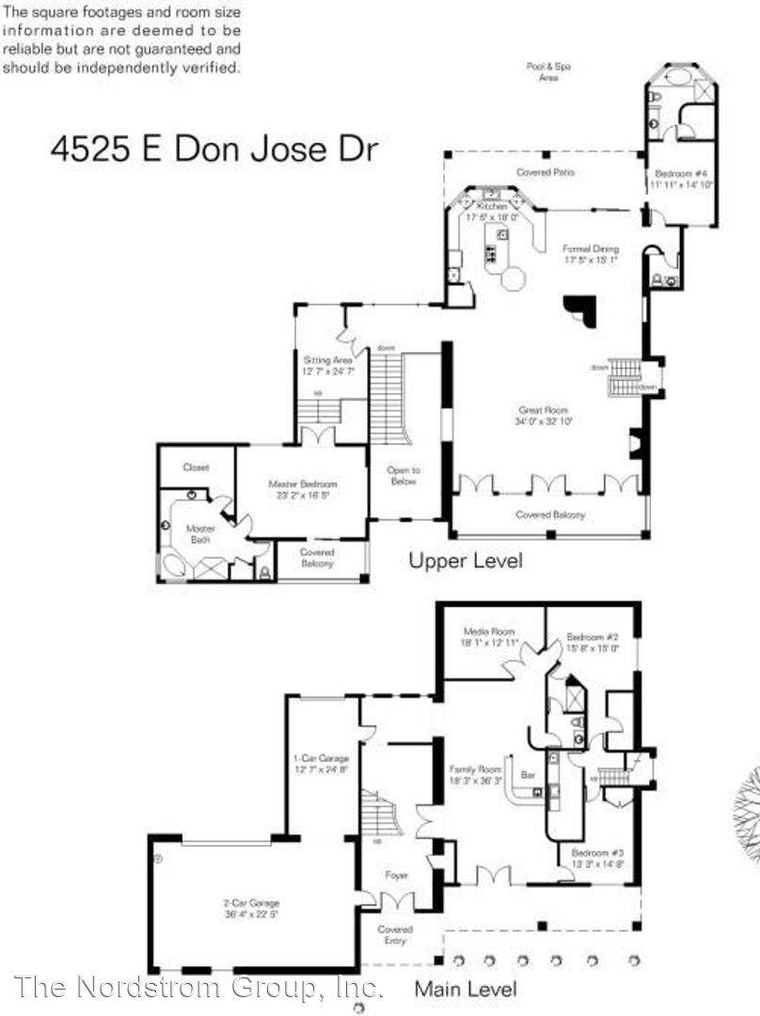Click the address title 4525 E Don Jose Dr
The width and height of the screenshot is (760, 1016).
[x=214, y=151]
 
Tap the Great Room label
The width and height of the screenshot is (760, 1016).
[x=545, y=416]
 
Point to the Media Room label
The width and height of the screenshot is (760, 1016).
[x=485, y=637]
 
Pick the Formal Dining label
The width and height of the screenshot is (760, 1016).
[x=591, y=254]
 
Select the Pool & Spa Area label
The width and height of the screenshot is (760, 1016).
[x=548, y=71]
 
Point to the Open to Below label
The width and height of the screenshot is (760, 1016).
[x=404, y=475]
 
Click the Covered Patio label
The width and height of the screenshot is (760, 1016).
[x=546, y=172]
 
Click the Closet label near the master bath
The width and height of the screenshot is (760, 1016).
[x=196, y=467]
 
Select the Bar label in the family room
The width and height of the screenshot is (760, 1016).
[x=528, y=774]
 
